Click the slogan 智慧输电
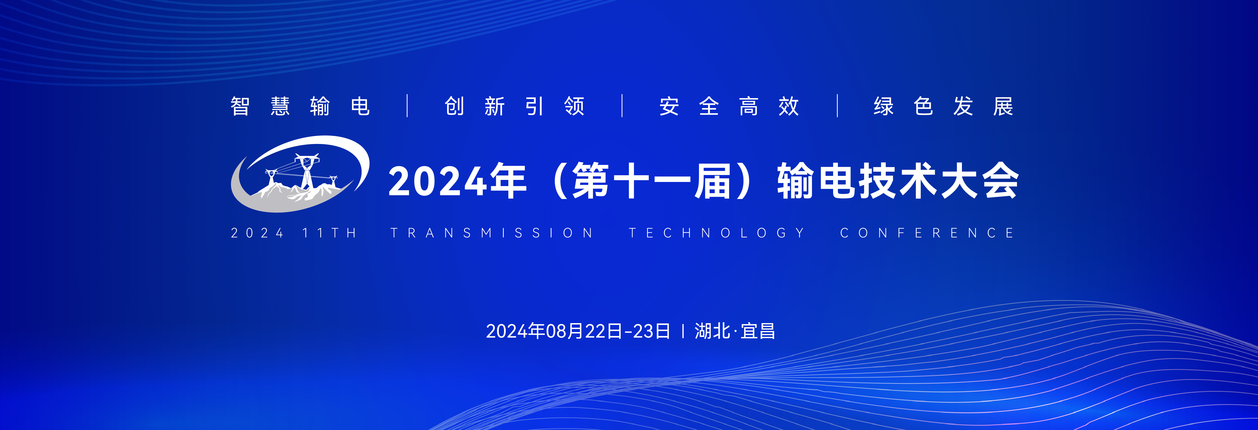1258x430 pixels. (x=300, y=106)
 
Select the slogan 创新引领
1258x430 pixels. (x=515, y=106)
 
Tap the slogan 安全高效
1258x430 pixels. (x=729, y=106)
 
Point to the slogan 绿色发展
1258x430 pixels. (x=943, y=106)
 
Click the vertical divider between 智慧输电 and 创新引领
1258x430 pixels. (x=407, y=106)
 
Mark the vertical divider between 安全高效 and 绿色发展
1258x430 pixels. (x=838, y=106)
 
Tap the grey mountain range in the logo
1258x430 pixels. (x=298, y=191)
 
